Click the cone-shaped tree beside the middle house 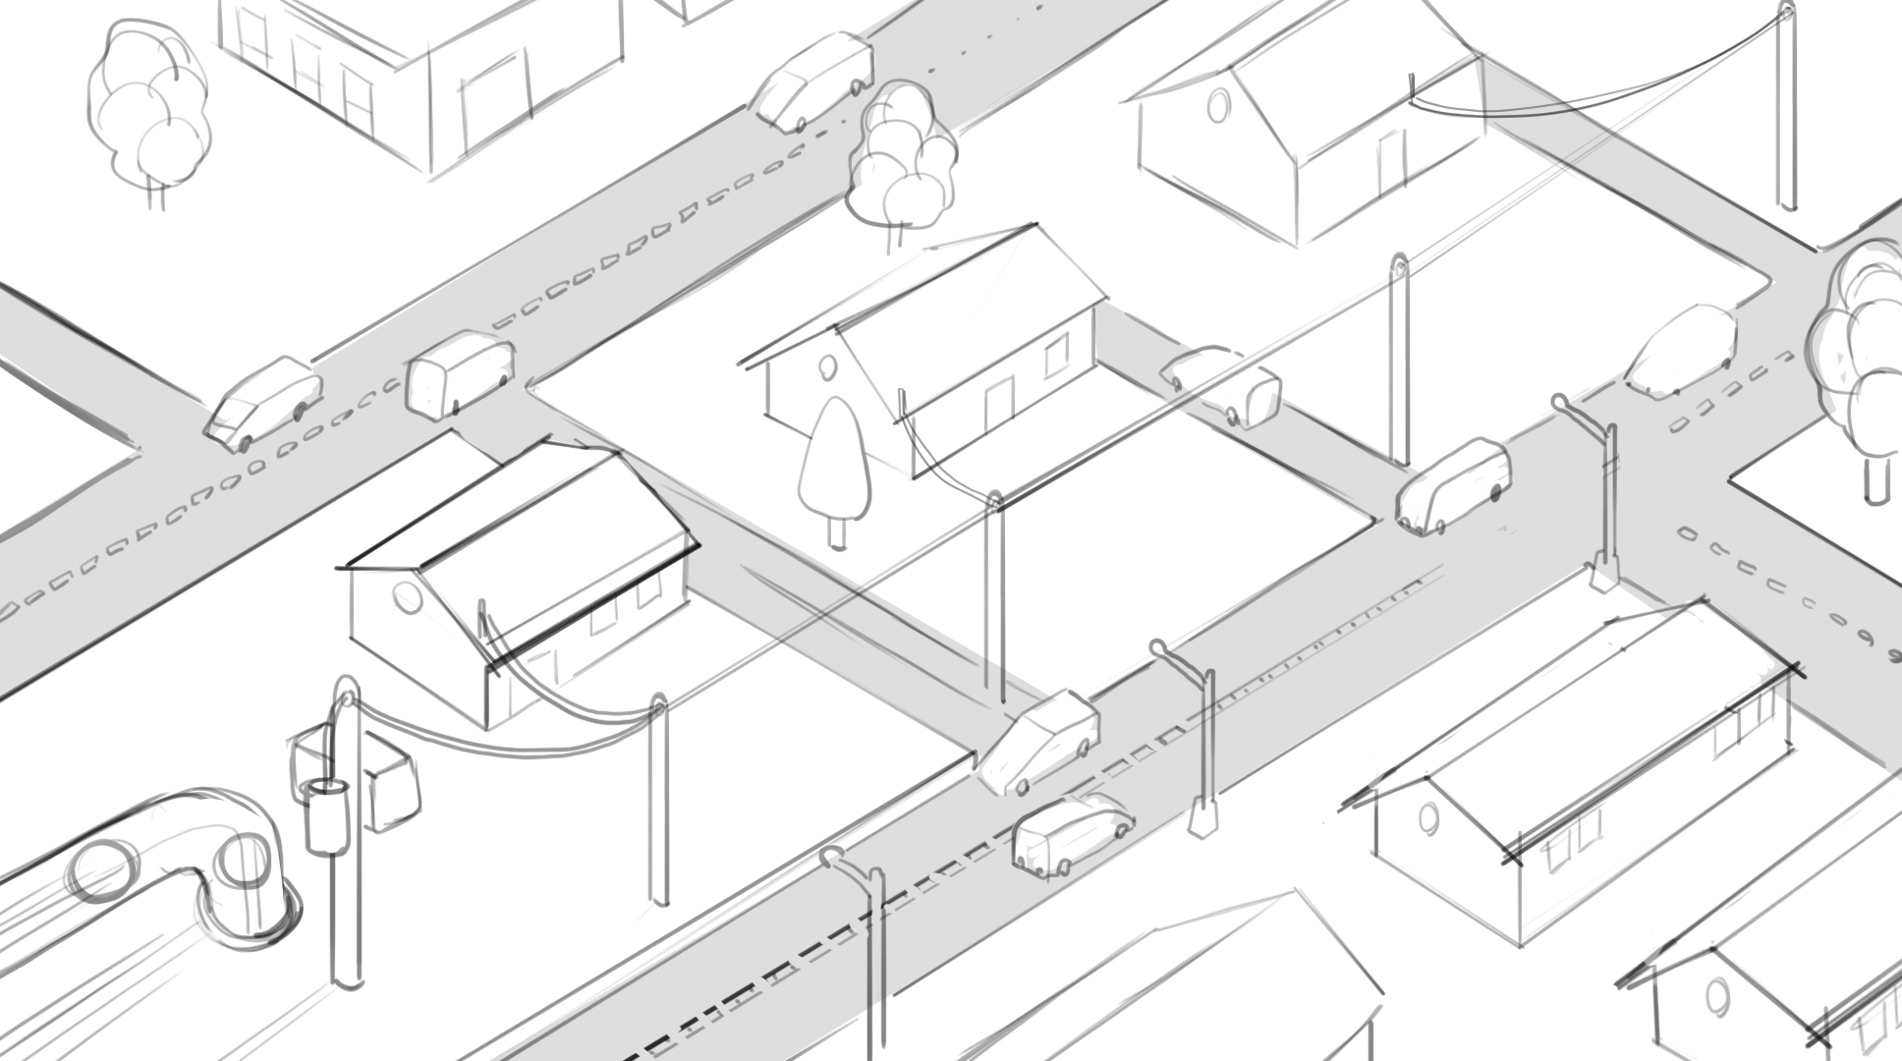pyautogui.click(x=834, y=462)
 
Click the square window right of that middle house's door pyautogui.click(x=1056, y=355)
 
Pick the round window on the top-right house pyautogui.click(x=1218, y=104)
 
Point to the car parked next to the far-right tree pyautogui.click(x=1680, y=351)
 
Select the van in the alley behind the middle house pyautogui.click(x=1222, y=383)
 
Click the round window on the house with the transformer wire pyautogui.click(x=405, y=595)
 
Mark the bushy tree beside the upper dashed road pyautogui.click(x=901, y=162)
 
